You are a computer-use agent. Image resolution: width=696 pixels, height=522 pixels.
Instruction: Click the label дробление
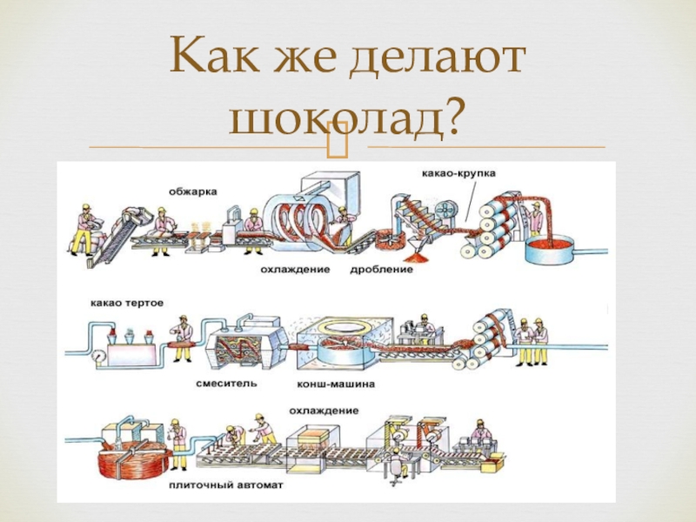tap(381, 270)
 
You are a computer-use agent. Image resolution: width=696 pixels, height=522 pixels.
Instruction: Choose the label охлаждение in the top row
tap(293, 270)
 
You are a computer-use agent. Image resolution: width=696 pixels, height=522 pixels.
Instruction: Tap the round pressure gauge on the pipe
tap(97, 357)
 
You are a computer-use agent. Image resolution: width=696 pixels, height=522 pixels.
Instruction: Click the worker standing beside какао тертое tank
tap(182, 335)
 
